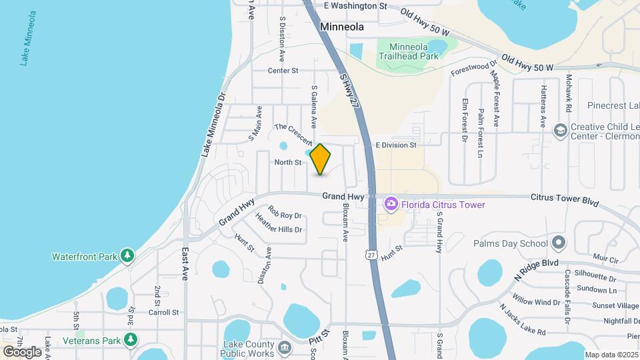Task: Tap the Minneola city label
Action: pos(342,27)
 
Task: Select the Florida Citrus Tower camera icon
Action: pos(391,205)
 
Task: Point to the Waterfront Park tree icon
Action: pos(127,256)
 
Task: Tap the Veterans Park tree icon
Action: pos(131,340)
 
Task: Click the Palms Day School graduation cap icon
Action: pos(559,243)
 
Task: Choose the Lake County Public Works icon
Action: pos(285,347)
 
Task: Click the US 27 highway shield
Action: pos(371,254)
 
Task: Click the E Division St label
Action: pos(396,145)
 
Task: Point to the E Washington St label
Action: pos(355,5)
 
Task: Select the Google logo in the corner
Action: pos(22,351)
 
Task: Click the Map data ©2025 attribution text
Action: pos(611,355)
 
